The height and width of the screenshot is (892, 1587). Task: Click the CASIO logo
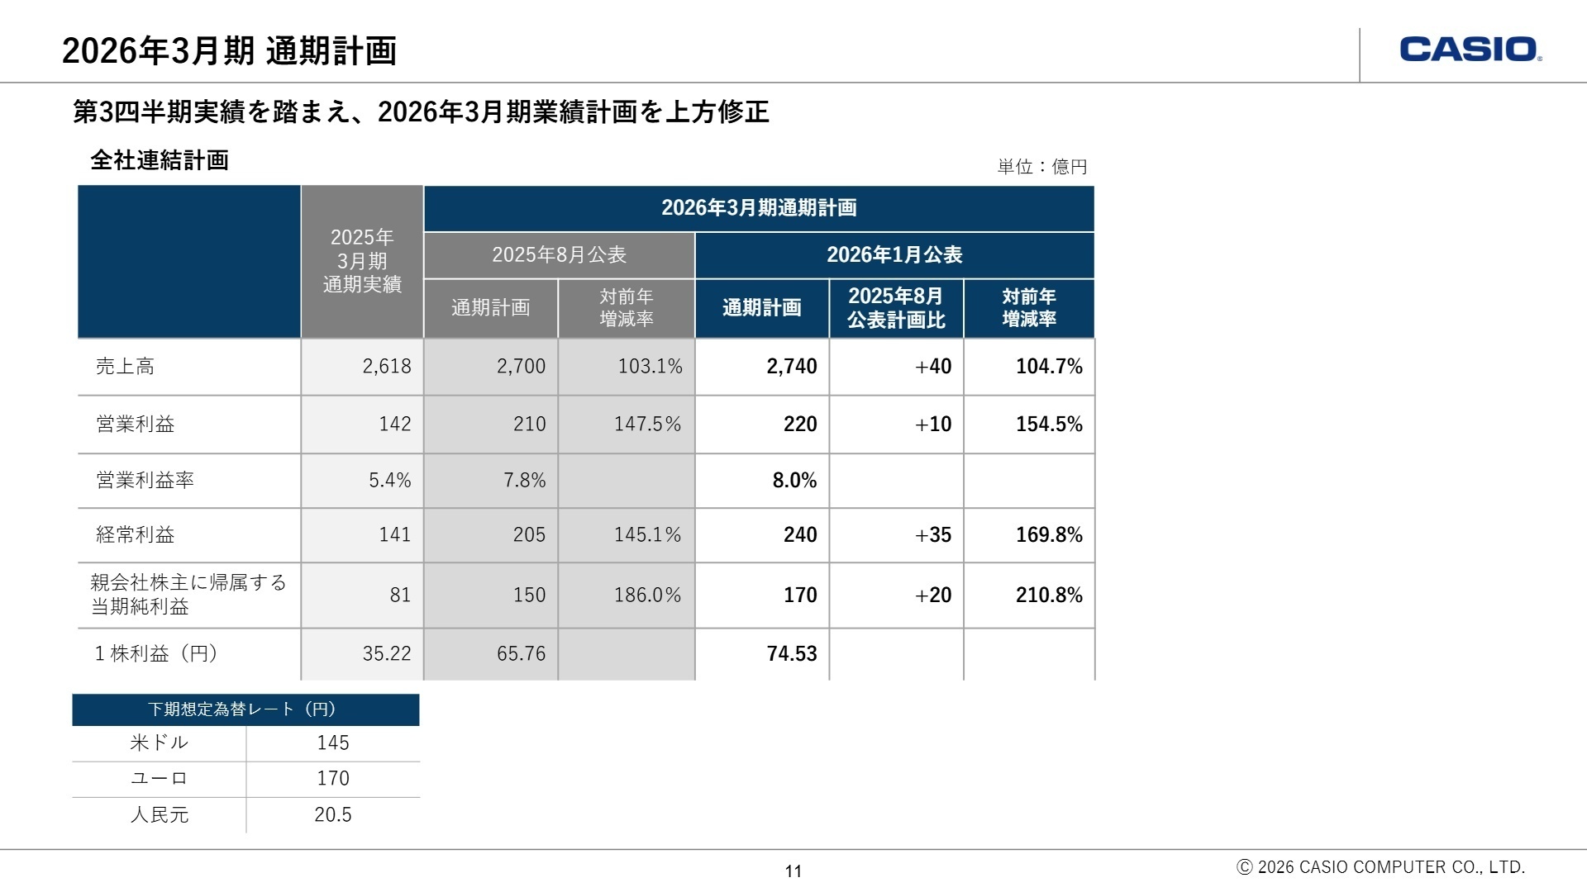(x=1470, y=50)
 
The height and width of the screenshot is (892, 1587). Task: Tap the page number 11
(x=793, y=871)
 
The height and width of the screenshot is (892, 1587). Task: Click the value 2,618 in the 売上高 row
(x=386, y=366)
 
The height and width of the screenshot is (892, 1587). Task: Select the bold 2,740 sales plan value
(x=791, y=366)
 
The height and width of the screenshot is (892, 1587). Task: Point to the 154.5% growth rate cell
(x=1048, y=424)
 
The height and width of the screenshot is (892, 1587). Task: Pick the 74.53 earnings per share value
(x=791, y=653)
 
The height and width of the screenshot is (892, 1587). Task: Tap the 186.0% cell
(x=647, y=595)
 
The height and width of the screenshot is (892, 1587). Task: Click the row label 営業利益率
(x=145, y=480)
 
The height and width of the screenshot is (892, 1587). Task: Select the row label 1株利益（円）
(x=156, y=653)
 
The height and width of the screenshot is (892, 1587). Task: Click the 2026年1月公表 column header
(x=894, y=254)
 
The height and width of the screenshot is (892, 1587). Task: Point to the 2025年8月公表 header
(x=559, y=254)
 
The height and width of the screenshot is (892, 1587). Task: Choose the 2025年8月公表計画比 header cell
(x=896, y=307)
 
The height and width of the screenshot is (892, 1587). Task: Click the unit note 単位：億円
(x=1041, y=167)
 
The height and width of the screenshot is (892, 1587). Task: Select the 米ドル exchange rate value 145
(x=332, y=743)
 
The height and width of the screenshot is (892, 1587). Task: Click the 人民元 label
(x=160, y=814)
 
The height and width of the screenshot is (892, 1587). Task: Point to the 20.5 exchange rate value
(x=332, y=814)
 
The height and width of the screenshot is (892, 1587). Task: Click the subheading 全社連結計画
(x=160, y=160)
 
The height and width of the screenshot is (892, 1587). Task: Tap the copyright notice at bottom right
(x=1380, y=867)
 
